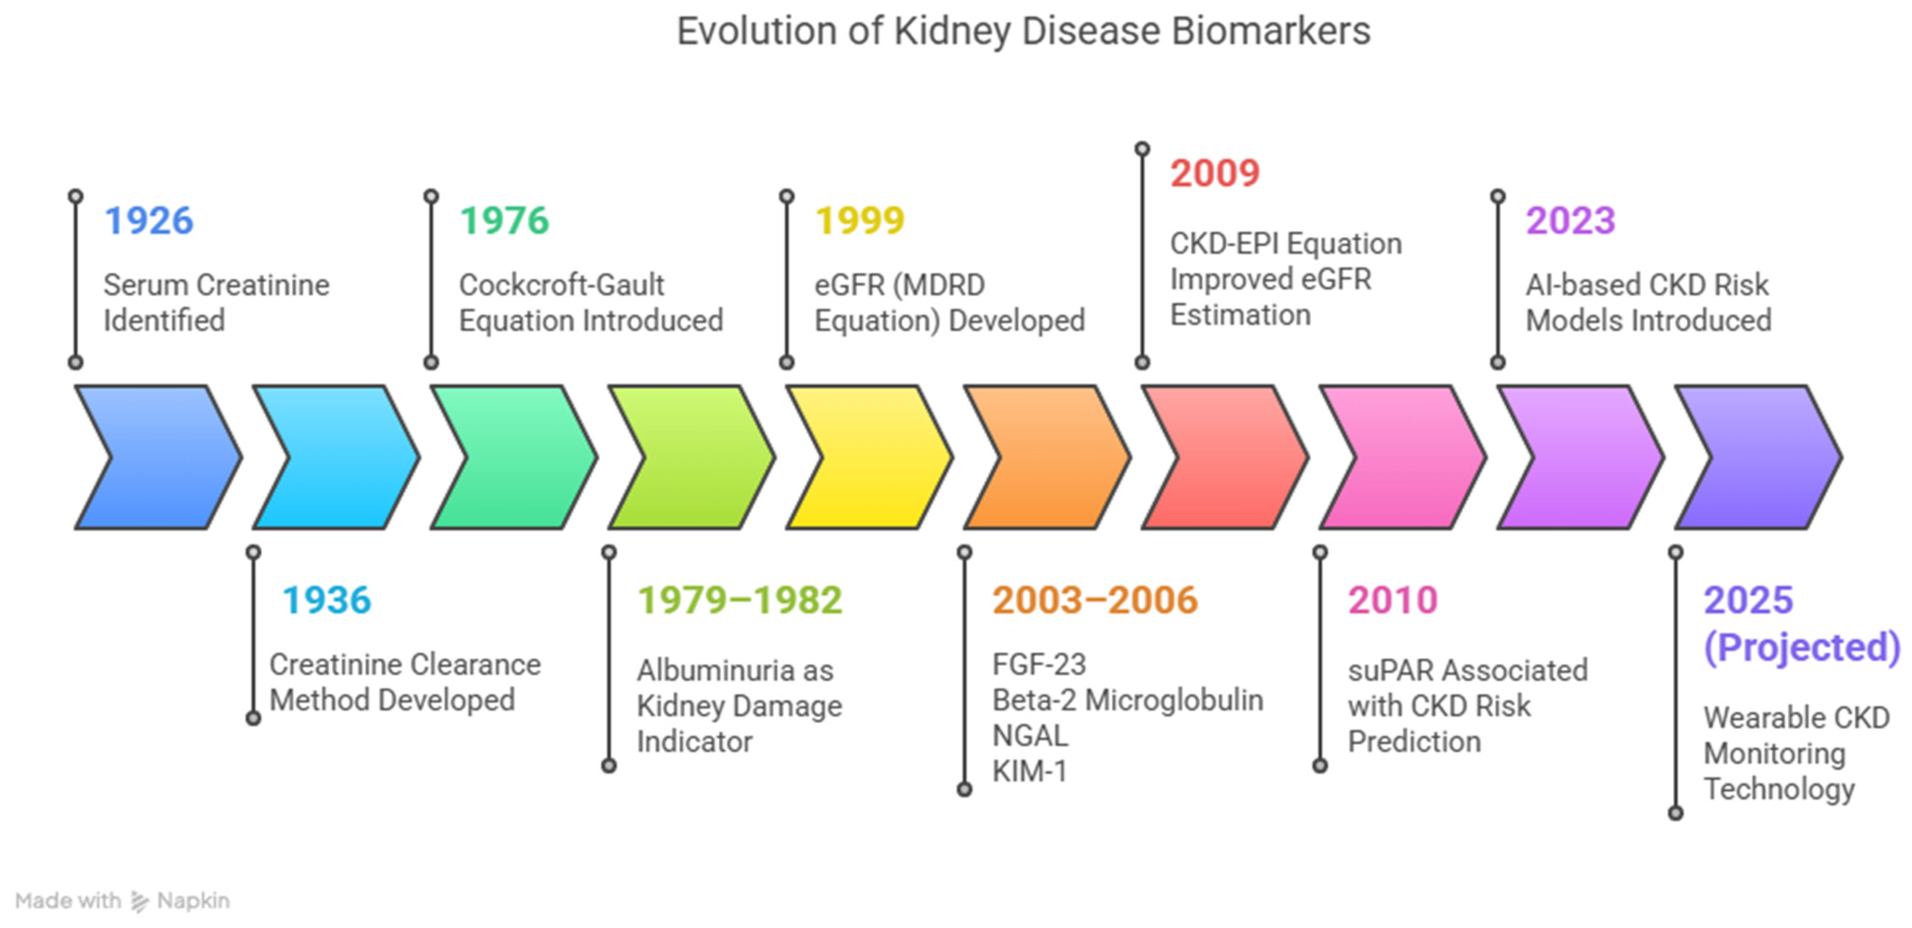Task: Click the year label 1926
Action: point(149,220)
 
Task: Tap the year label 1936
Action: point(327,600)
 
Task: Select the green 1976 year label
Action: point(504,220)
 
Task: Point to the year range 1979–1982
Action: point(740,600)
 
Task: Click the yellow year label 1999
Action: point(860,220)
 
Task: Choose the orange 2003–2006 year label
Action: point(1095,600)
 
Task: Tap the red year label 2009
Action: point(1215,173)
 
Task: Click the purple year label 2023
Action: point(1570,220)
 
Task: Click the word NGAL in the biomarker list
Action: point(1030,736)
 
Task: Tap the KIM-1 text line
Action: point(1030,771)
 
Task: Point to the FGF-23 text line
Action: point(1039,665)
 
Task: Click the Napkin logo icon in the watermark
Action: point(139,901)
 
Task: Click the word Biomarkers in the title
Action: point(1270,31)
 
